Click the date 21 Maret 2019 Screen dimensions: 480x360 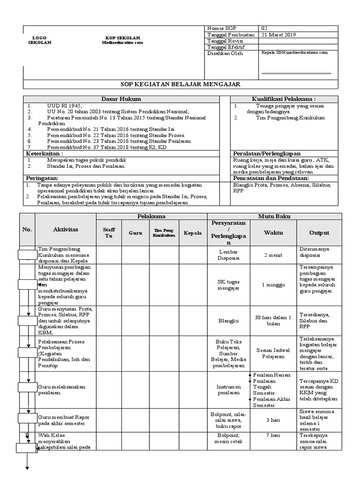coord(279,35)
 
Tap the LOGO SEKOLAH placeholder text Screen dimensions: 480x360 coord(39,40)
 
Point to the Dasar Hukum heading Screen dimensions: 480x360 coord(121,99)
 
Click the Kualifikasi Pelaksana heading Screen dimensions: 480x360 coord(284,99)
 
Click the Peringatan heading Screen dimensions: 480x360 coord(42,179)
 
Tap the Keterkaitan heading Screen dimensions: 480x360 coord(44,153)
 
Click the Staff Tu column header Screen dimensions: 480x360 coord(109,232)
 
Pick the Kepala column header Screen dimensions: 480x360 coord(193,232)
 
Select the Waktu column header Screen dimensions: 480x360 coord(273,232)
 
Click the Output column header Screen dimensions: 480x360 coord(319,232)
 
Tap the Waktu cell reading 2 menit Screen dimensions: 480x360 coord(273,255)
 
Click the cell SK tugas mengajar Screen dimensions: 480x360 coord(228,285)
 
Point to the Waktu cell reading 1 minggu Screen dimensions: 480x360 coord(273,285)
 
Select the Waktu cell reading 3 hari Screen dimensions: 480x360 coord(273,420)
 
